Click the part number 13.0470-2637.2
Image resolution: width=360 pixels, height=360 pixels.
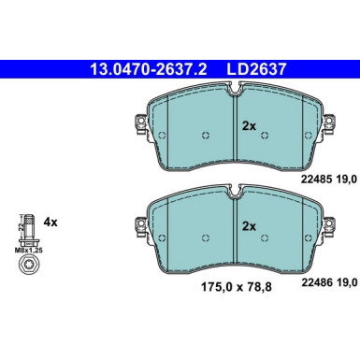[149, 69]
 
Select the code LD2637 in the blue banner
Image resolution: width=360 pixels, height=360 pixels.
[256, 69]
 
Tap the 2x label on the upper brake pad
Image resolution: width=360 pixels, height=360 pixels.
[249, 126]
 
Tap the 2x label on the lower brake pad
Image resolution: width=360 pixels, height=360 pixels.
[249, 226]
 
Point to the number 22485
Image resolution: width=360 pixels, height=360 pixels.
[314, 180]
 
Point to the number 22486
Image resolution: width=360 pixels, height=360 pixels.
[315, 282]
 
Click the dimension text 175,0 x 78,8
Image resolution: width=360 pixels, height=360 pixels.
[237, 287]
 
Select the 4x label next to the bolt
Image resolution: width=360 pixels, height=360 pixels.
[50, 223]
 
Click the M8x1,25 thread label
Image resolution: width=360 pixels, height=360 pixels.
[29, 250]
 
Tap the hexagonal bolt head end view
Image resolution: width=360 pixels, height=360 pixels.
[29, 265]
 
